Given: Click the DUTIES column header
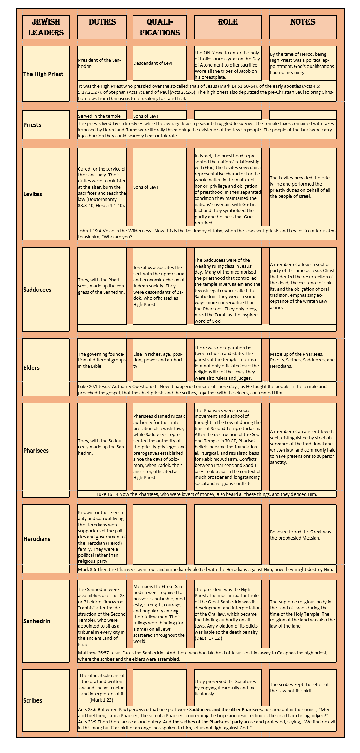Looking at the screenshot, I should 102,22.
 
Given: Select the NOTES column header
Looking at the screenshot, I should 303,22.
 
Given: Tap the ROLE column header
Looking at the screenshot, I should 228,22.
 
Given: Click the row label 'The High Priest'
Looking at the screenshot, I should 43,74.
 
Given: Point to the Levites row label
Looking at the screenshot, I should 33,194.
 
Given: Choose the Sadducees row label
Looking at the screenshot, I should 37,290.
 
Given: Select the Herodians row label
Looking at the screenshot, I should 37,539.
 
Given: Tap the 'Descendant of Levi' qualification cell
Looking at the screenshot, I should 153,63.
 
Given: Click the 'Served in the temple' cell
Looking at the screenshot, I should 100,116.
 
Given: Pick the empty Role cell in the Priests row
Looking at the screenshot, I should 228,115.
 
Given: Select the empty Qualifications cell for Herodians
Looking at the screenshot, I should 160,534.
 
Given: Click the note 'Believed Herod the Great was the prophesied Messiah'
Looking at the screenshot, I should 300,535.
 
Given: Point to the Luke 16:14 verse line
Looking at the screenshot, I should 207,494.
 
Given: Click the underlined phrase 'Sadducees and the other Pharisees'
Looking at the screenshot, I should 225,709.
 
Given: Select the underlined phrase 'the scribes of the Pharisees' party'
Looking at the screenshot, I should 208,722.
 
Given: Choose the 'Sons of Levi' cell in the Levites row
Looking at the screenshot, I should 146,187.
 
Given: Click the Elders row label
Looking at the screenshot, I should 31,368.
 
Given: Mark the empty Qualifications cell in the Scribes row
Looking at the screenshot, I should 160,688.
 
